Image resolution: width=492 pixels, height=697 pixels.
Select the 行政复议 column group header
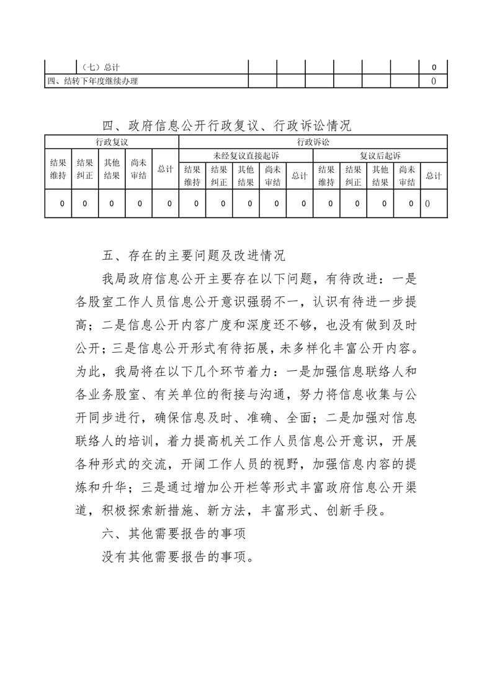[x=112, y=142]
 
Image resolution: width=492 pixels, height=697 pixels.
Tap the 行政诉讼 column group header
[x=313, y=142]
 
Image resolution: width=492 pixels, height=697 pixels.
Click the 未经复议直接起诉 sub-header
[x=246, y=155]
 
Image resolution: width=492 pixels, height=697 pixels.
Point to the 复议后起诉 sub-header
[x=380, y=155]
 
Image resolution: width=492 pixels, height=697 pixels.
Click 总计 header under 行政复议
[x=165, y=169]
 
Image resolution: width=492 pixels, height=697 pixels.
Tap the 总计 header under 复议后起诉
[x=434, y=176]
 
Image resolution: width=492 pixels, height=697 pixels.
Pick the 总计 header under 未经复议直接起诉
[x=300, y=176]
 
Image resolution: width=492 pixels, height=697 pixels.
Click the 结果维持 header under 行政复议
[x=58, y=169]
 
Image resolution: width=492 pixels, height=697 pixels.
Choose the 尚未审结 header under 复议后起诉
[x=407, y=176]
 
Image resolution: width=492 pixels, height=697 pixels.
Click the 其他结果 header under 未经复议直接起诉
[x=246, y=176]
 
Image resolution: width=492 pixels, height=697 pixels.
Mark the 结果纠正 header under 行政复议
[x=85, y=169]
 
